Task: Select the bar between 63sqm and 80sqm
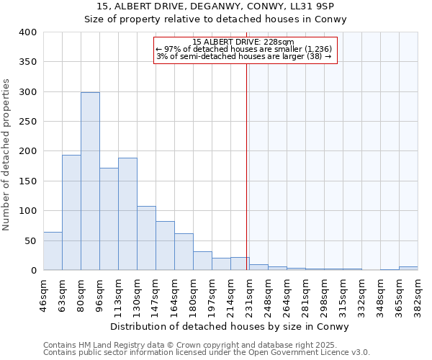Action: (x=71, y=212)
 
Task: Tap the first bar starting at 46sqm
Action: (x=53, y=251)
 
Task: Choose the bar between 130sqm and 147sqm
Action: (x=146, y=238)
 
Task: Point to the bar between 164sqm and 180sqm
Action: (x=184, y=252)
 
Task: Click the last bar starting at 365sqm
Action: (x=408, y=269)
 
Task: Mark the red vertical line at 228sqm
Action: (x=246, y=166)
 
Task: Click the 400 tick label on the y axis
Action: (x=27, y=33)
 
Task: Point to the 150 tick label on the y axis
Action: (x=27, y=181)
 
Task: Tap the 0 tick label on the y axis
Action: (x=33, y=271)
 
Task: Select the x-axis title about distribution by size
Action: (x=230, y=327)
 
